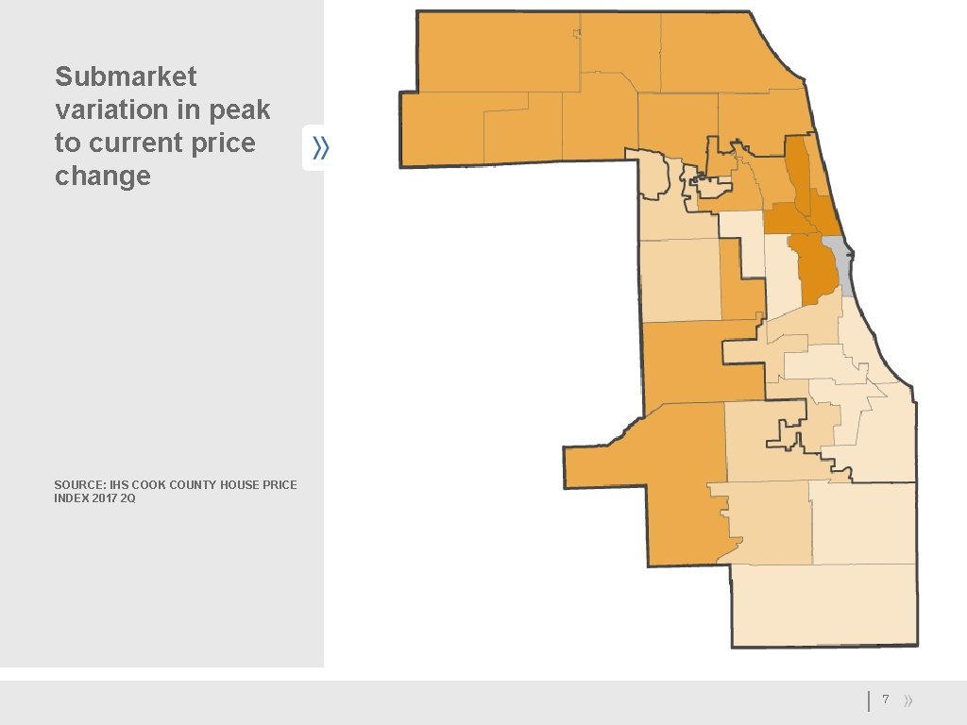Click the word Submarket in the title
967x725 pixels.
point(126,76)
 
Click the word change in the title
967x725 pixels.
point(102,177)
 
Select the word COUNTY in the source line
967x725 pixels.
point(195,485)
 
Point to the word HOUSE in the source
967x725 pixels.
point(241,485)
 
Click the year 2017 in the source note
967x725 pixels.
point(105,498)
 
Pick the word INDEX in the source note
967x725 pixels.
point(72,498)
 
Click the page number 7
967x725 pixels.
point(885,700)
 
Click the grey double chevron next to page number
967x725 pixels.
point(908,700)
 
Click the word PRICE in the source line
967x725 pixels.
point(280,485)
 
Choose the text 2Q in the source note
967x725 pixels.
point(128,498)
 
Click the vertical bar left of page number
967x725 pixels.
point(869,700)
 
